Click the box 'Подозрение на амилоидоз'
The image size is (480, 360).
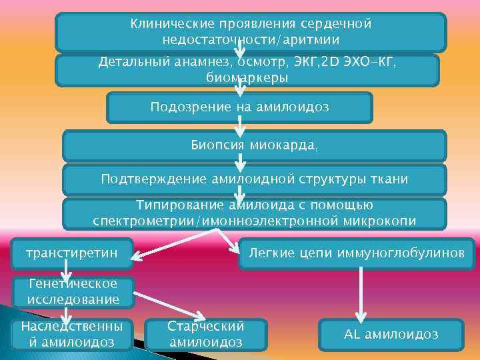coord(239,107)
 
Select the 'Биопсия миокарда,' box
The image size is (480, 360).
coord(253,145)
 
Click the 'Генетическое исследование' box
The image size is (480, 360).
coord(73,292)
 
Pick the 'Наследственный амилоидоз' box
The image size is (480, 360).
coord(71,334)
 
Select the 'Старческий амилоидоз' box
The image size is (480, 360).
coord(206,334)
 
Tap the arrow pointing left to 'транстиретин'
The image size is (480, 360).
coord(173,243)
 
